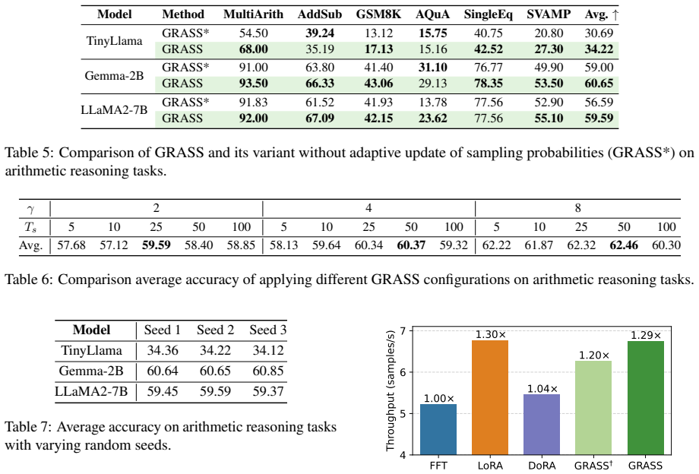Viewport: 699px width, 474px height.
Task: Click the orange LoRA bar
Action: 490,397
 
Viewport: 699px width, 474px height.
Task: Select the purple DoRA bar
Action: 542,425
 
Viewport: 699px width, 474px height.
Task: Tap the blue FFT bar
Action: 438,429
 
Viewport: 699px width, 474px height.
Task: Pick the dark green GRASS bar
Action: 646,398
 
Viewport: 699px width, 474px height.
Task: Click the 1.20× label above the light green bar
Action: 594,355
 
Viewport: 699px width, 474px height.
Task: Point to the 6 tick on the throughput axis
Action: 403,372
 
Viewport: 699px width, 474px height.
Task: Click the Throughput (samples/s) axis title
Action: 391,390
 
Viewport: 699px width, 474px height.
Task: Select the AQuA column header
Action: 432,14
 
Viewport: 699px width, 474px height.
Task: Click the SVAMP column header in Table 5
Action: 549,14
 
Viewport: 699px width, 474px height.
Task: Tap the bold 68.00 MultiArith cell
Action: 253,49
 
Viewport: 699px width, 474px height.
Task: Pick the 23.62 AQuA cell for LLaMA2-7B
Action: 432,118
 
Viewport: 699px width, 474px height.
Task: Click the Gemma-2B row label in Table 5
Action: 114,75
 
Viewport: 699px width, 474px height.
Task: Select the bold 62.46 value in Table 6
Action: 623,245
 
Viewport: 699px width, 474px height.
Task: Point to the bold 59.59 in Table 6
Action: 156,245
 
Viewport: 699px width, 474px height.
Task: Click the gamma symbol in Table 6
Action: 30,209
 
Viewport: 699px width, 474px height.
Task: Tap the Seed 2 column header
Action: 215,330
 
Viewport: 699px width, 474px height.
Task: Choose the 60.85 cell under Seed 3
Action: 268,371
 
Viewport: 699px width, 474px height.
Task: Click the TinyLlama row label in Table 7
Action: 91,350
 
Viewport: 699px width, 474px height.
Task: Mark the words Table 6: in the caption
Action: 29,280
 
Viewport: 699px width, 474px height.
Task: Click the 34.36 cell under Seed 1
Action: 163,350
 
